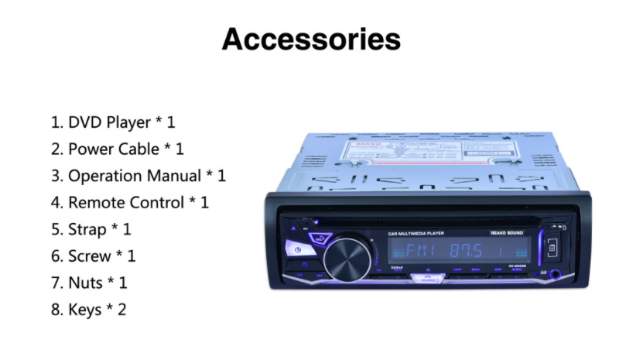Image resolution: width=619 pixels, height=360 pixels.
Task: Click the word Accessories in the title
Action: [311, 39]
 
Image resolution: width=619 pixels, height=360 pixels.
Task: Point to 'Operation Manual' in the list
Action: [135, 176]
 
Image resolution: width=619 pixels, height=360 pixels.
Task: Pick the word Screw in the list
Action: [91, 256]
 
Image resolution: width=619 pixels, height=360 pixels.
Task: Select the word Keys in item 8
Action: [85, 310]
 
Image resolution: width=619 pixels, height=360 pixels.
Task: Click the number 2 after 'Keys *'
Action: [121, 310]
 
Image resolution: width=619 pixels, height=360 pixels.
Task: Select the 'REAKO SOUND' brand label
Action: [508, 233]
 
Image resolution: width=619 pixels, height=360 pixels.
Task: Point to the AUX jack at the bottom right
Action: [554, 273]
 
